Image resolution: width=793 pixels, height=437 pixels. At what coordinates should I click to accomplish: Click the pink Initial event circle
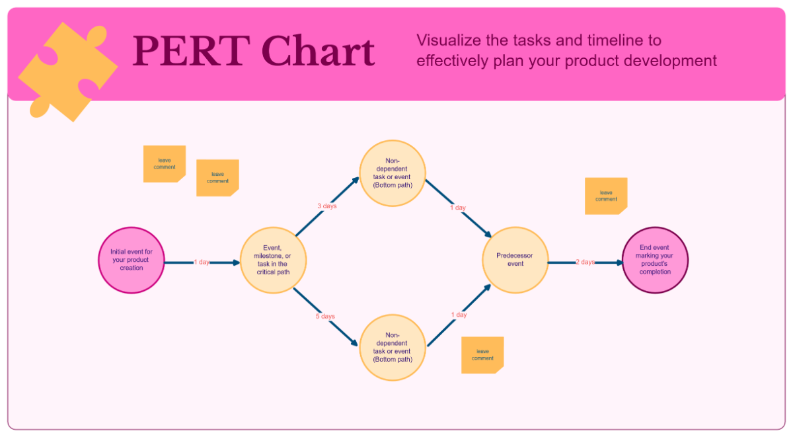point(131,260)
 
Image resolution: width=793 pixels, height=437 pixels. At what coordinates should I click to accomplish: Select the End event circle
point(655,260)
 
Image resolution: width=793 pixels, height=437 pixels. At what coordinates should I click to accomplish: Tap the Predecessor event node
point(515,260)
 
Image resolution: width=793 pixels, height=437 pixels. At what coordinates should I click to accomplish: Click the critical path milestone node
point(272,260)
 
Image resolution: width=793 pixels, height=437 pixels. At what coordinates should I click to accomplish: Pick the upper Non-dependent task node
point(393,173)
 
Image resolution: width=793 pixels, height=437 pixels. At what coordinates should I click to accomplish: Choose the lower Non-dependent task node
point(393,348)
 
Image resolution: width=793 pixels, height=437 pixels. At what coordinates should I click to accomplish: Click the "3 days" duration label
point(326,206)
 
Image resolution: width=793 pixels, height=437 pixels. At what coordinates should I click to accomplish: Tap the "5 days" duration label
point(325,317)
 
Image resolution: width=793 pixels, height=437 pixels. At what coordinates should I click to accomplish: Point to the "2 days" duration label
point(585,262)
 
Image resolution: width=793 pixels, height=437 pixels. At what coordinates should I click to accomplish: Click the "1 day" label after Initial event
point(202,262)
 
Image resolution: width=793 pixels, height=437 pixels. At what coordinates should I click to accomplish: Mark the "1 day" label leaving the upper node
point(458,208)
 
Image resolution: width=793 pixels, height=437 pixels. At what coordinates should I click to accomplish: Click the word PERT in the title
point(176,52)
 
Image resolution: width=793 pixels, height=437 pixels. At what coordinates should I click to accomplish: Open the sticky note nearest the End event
point(605,196)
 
